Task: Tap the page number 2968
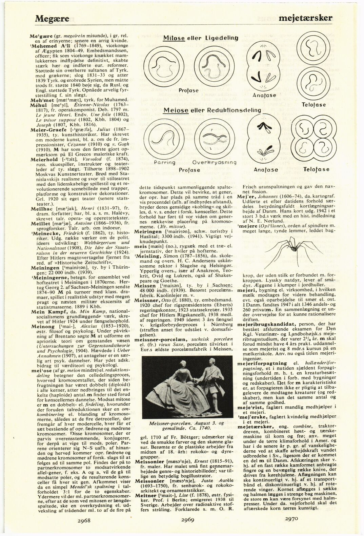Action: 82,521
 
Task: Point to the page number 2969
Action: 188,519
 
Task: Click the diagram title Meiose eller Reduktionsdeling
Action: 212,110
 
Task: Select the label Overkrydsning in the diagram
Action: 214,162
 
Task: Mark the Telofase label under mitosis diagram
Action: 314,105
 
